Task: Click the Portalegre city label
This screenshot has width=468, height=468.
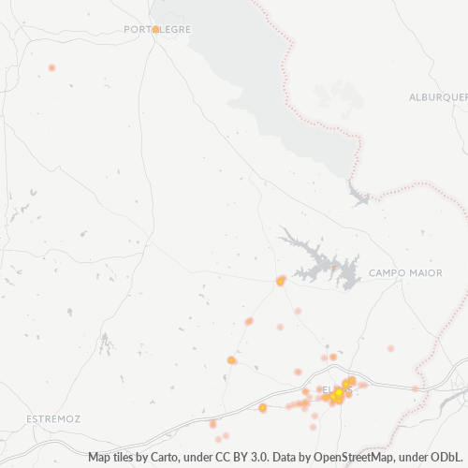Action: tap(157, 29)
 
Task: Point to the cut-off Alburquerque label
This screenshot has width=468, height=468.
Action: tap(438, 96)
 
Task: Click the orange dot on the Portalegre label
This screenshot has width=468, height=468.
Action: tap(155, 29)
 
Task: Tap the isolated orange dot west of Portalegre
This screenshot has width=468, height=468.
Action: tap(51, 67)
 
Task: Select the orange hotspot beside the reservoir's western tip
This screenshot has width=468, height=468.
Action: tap(281, 280)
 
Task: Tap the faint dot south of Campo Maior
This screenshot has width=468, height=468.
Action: tap(390, 348)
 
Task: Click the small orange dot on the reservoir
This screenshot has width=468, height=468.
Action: tap(333, 266)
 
